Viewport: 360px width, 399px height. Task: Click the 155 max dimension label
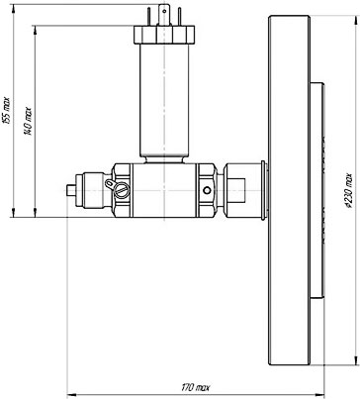coord(7,111)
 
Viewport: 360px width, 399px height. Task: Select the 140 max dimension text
coord(29,121)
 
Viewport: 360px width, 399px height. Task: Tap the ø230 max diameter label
coord(349,192)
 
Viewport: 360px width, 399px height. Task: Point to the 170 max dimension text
coord(196,387)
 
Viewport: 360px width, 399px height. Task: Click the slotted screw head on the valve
coord(122,190)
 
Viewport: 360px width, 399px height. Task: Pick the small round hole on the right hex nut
coord(207,190)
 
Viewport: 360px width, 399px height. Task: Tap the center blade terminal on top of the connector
coord(164,15)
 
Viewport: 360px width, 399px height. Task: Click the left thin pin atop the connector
coord(148,17)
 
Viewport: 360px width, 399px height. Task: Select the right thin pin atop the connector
coord(179,17)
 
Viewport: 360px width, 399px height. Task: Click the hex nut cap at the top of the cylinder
coord(164,35)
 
